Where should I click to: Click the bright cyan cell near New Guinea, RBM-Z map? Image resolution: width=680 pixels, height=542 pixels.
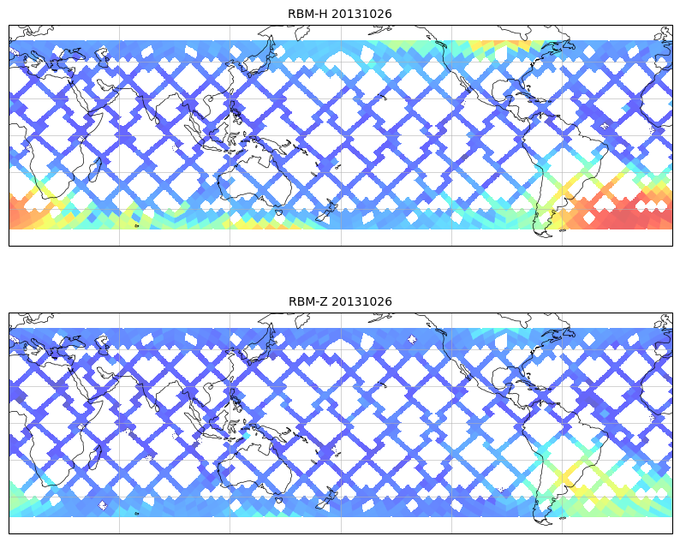click(x=247, y=436)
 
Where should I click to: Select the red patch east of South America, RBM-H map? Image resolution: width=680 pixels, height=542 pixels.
click(x=617, y=214)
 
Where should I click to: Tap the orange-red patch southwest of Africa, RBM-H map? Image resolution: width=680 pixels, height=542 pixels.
click(x=26, y=212)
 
